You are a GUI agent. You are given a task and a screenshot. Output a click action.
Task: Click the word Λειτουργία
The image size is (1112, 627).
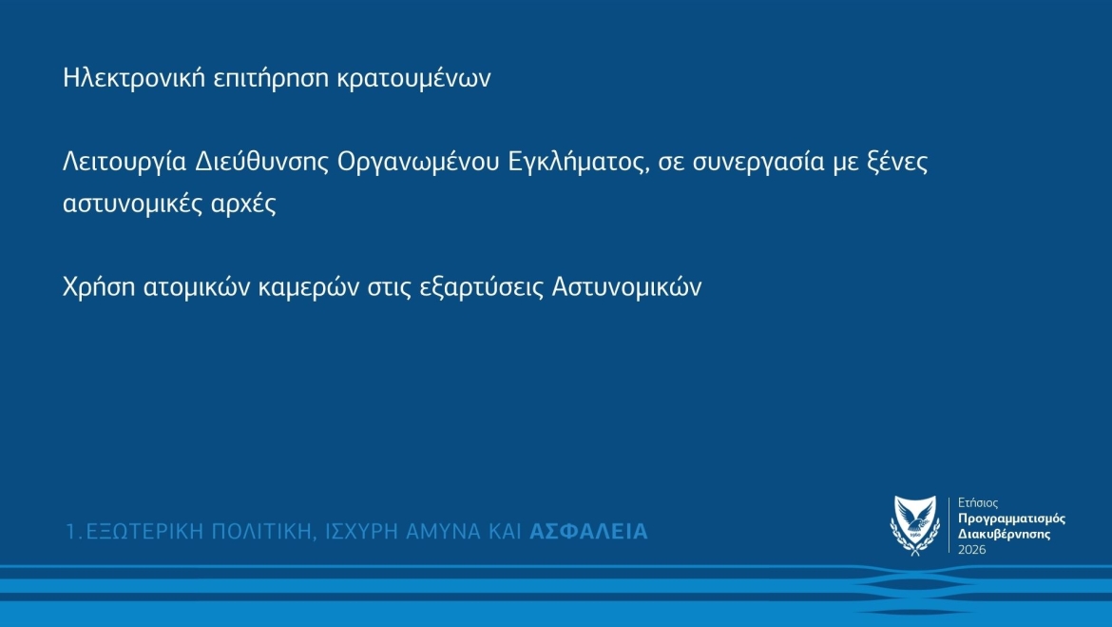tap(125, 162)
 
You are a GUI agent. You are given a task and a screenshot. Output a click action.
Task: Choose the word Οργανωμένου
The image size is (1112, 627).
tap(418, 162)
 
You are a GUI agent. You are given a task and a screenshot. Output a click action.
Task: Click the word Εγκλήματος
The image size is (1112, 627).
tap(579, 162)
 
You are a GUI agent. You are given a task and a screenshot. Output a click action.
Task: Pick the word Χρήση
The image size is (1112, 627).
tap(99, 287)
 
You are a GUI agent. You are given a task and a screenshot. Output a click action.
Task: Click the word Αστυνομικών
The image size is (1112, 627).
tap(627, 287)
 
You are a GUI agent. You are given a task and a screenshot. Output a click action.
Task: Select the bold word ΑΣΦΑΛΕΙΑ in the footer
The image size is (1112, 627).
tap(588, 531)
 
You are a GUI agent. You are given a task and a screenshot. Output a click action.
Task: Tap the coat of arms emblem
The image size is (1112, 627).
tap(915, 525)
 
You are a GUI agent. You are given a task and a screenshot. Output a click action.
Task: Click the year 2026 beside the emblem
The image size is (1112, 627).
tap(971, 550)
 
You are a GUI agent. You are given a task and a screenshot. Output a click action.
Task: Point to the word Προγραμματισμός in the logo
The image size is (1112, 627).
tap(1011, 519)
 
